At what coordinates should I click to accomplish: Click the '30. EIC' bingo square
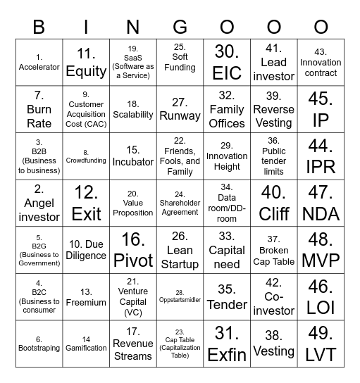point(227,62)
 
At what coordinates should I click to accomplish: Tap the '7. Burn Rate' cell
point(39,109)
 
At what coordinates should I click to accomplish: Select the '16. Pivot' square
point(133,250)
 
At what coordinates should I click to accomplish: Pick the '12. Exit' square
point(86,203)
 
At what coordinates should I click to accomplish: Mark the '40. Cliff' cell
point(274,203)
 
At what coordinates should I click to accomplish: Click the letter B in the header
point(39,27)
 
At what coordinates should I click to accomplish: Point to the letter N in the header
point(133,27)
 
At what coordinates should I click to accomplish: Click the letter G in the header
point(180,27)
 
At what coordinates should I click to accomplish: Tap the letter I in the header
point(86,27)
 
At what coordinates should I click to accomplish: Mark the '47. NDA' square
point(321,203)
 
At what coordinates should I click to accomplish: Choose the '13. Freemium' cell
point(86,297)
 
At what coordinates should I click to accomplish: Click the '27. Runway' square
point(180,109)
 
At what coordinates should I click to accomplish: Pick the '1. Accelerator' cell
point(39,62)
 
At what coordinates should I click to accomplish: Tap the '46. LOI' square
point(321,297)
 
